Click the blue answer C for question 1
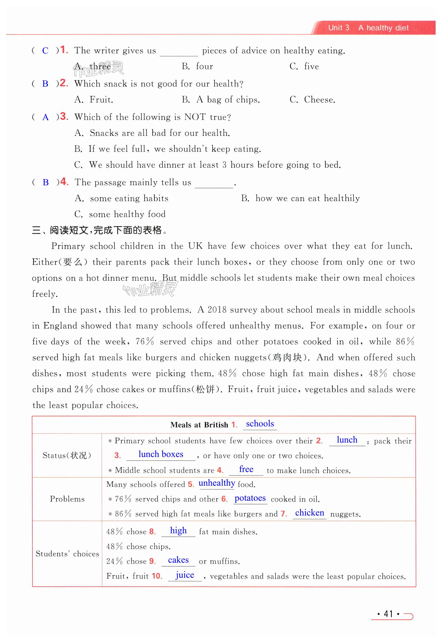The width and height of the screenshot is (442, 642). (45, 51)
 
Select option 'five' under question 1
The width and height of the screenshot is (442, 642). (311, 67)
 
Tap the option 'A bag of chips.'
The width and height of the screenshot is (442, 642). (228, 100)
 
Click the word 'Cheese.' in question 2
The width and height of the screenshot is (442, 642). (319, 100)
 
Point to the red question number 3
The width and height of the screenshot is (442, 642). (64, 116)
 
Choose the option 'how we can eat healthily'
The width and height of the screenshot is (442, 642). (308, 198)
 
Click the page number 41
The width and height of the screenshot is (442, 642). (388, 614)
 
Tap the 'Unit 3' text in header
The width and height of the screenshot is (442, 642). (339, 28)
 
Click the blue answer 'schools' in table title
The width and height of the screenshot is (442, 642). (260, 424)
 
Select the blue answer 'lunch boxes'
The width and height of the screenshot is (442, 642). (161, 454)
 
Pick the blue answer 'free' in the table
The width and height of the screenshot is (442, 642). (246, 469)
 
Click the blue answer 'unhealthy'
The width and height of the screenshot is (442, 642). (217, 483)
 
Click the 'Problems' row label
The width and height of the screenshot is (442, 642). (67, 499)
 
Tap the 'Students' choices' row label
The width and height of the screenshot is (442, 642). (67, 554)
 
